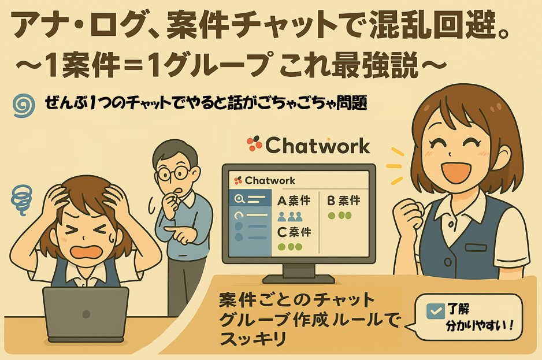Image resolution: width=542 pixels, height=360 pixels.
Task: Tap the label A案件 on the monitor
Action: point(294,201)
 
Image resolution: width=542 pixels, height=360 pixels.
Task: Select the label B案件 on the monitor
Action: point(344,201)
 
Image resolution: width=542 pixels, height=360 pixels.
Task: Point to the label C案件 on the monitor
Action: point(294,232)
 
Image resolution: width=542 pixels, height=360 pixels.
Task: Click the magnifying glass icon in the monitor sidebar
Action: point(240,199)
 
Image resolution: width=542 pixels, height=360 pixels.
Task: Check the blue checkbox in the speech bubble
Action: point(435,311)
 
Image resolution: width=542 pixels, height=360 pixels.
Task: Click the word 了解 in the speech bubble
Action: point(458,309)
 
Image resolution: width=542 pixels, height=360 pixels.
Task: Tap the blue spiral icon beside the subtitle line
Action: point(24,105)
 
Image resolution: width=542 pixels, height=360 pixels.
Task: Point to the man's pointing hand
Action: point(183,235)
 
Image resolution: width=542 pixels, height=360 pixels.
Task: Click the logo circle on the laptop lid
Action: point(86,314)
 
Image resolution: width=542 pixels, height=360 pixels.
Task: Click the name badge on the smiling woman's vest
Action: point(476,247)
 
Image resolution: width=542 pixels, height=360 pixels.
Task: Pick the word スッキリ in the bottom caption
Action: point(253,339)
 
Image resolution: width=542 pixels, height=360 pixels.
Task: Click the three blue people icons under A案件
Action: point(289,217)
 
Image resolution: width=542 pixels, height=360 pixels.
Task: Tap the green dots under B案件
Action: point(339,216)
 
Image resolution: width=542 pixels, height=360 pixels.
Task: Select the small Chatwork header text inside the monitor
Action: point(270,180)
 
